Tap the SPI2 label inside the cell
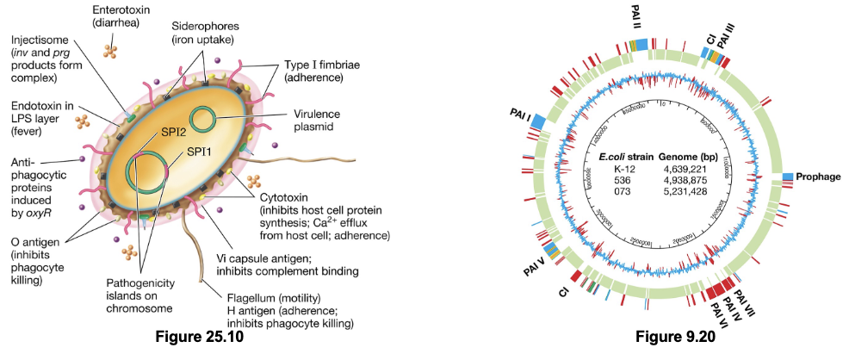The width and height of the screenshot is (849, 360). point(151,131)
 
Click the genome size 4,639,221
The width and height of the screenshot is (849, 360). point(685,170)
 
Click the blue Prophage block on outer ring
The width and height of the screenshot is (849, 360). point(788,177)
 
